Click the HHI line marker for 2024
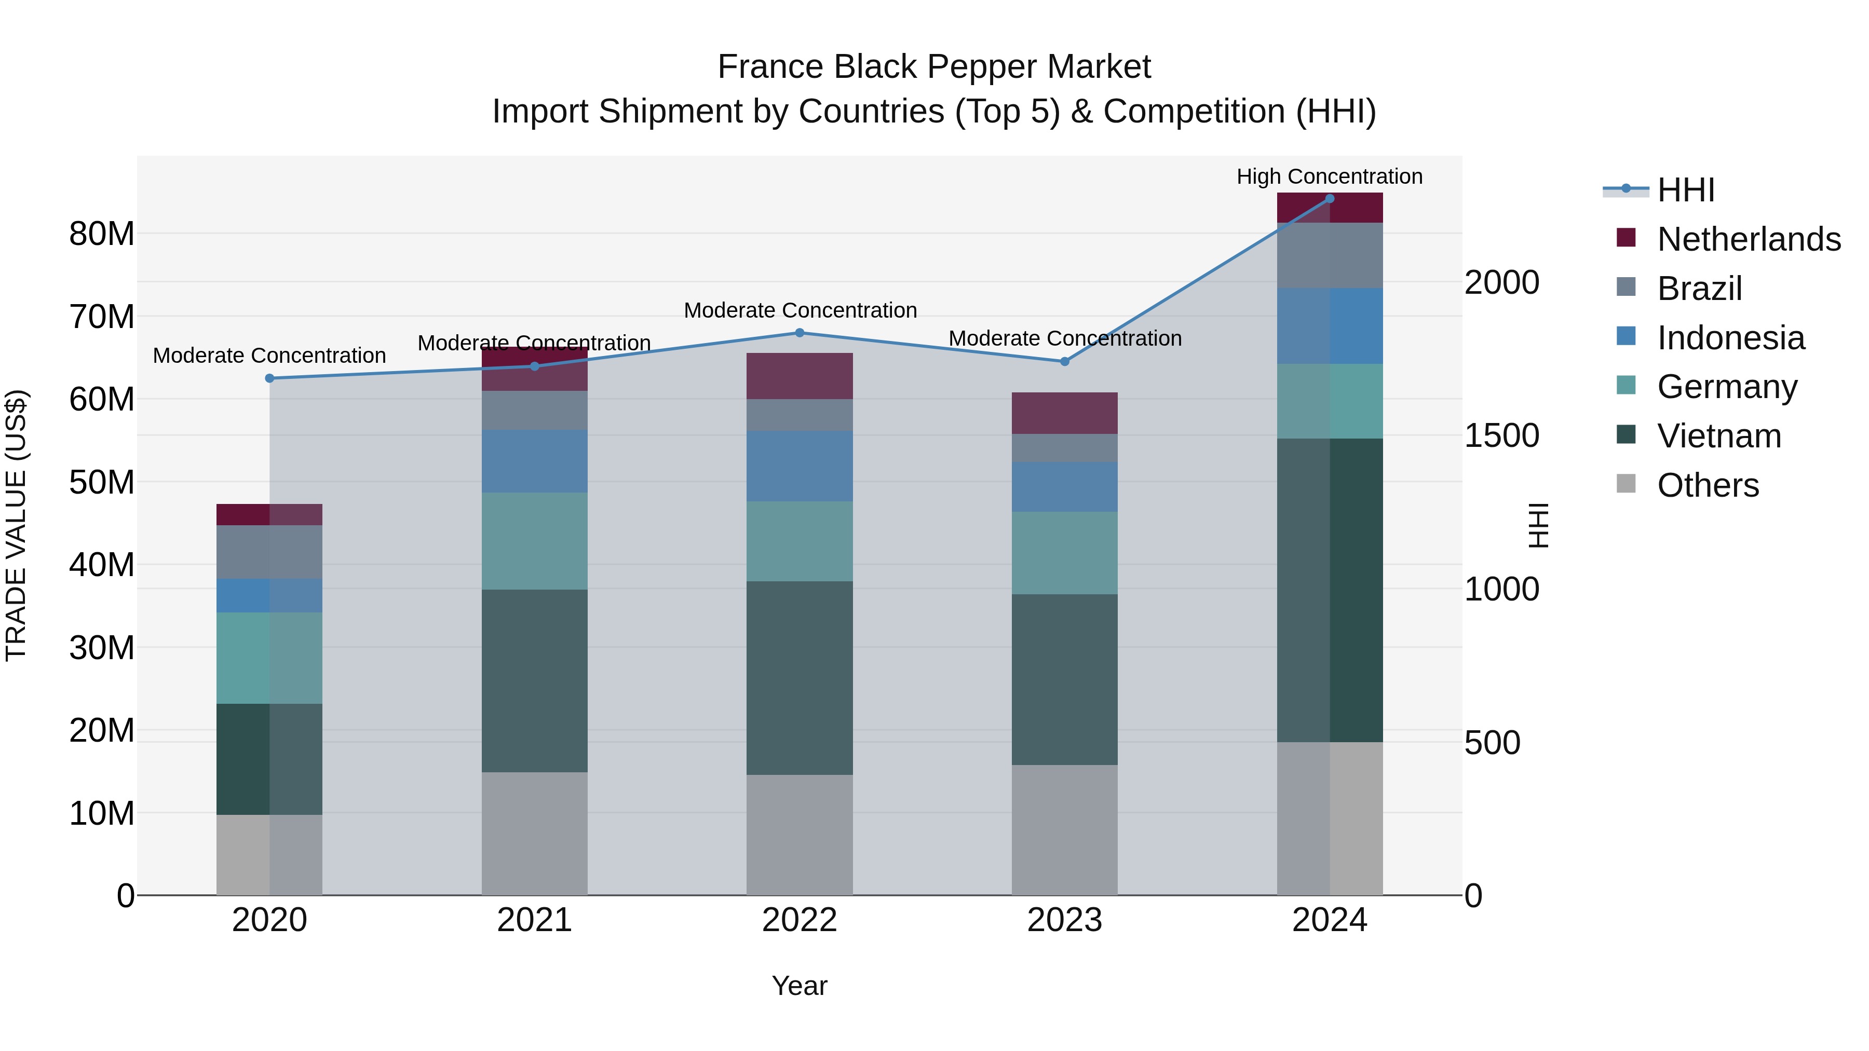pos(1329,199)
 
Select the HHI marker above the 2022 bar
pos(800,333)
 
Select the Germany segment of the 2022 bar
pos(800,541)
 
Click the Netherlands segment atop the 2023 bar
pos(1064,414)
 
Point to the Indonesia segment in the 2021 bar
pos(535,461)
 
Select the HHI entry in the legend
pos(1685,190)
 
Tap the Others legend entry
pos(1707,485)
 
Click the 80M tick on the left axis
pos(102,234)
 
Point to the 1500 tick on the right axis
pos(1501,435)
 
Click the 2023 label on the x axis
pos(1064,920)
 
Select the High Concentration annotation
pos(1329,177)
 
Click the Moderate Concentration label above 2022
pos(800,310)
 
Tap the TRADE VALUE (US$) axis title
pos(16,525)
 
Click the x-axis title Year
pos(800,986)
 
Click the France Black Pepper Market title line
pos(934,67)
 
